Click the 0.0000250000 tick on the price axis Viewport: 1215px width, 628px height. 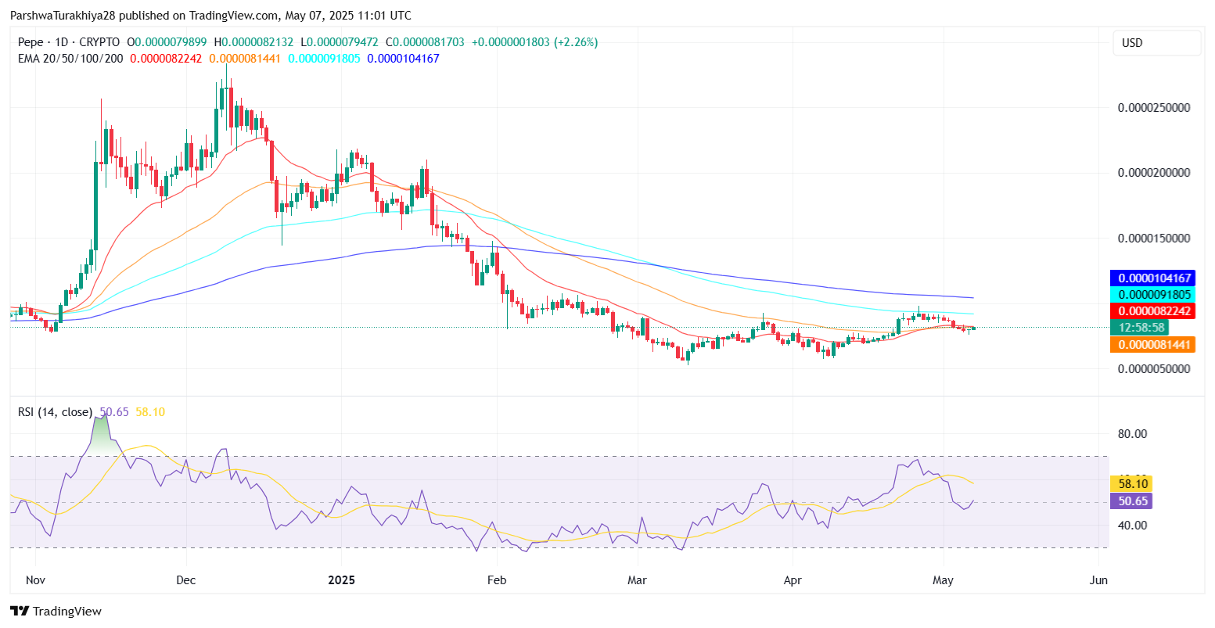tap(1154, 107)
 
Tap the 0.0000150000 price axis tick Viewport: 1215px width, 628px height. tap(1154, 238)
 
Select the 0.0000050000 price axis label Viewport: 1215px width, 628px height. tap(1154, 368)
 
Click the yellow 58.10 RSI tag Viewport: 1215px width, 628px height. tap(1131, 484)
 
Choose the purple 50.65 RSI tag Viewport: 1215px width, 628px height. tap(1131, 501)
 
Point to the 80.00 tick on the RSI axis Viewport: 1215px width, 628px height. tap(1132, 434)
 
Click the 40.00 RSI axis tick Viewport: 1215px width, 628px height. tap(1132, 525)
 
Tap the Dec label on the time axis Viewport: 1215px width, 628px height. tap(186, 580)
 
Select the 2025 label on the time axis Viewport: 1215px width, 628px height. tap(341, 580)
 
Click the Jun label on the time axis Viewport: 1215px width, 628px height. tap(1098, 580)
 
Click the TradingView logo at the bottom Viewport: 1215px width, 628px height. tap(56, 611)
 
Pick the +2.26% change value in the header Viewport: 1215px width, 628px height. tap(576, 42)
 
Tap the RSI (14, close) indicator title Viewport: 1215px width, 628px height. tap(55, 412)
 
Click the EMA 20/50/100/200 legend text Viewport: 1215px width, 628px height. tap(70, 59)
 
